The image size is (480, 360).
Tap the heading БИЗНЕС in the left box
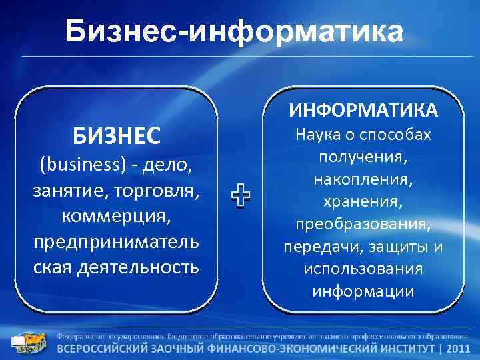(x=117, y=136)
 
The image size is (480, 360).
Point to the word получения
(x=363, y=157)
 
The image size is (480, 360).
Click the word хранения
(x=363, y=201)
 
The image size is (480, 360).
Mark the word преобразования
(x=363, y=224)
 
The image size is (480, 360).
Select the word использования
(x=363, y=269)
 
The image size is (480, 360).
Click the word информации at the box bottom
(x=363, y=291)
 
